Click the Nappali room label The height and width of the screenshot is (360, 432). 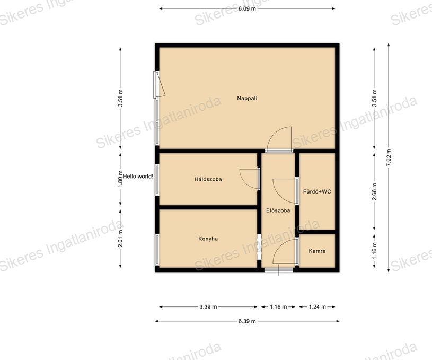click(x=247, y=98)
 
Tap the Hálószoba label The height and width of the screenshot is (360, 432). click(x=208, y=179)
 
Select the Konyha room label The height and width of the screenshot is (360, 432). click(x=208, y=239)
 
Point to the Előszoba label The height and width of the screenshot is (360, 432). click(x=278, y=210)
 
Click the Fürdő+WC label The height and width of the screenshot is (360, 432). click(x=317, y=191)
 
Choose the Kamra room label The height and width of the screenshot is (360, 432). click(x=317, y=251)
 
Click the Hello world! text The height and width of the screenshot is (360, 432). click(x=138, y=177)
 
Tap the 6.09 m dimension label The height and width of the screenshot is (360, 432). click(x=247, y=8)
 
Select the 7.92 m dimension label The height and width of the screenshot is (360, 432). click(x=389, y=157)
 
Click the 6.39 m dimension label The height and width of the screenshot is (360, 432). click(x=247, y=321)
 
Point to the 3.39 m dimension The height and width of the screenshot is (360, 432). click(x=208, y=307)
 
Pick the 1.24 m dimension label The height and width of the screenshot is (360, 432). click(x=317, y=307)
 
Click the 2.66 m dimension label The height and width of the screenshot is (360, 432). click(x=374, y=191)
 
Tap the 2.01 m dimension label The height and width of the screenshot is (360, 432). click(x=120, y=239)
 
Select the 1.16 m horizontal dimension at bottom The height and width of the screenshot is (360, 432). click(x=278, y=307)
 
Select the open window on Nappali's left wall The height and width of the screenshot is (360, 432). click(x=159, y=84)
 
